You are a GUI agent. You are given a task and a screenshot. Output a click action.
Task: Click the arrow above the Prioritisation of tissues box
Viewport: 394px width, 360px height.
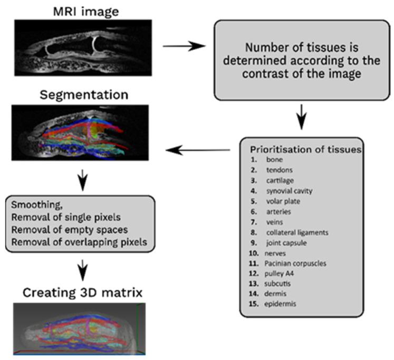(300, 118)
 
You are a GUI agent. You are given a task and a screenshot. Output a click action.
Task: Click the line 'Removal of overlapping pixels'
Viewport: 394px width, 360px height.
(76, 242)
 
